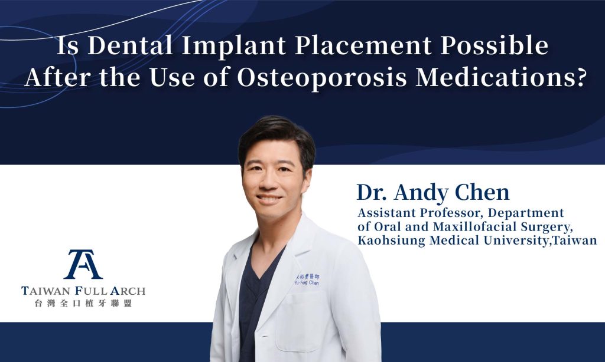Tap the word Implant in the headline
pyautogui.click(x=234, y=47)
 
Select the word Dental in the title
pyautogui.click(x=131, y=45)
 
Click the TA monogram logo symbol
pyautogui.click(x=83, y=264)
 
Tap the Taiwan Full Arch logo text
pyautogui.click(x=83, y=291)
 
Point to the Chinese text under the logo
pyautogui.click(x=83, y=304)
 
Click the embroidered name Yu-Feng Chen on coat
pyautogui.click(x=307, y=280)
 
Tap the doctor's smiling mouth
pyautogui.click(x=269, y=199)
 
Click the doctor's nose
pyautogui.click(x=266, y=182)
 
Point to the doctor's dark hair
pyautogui.click(x=277, y=139)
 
